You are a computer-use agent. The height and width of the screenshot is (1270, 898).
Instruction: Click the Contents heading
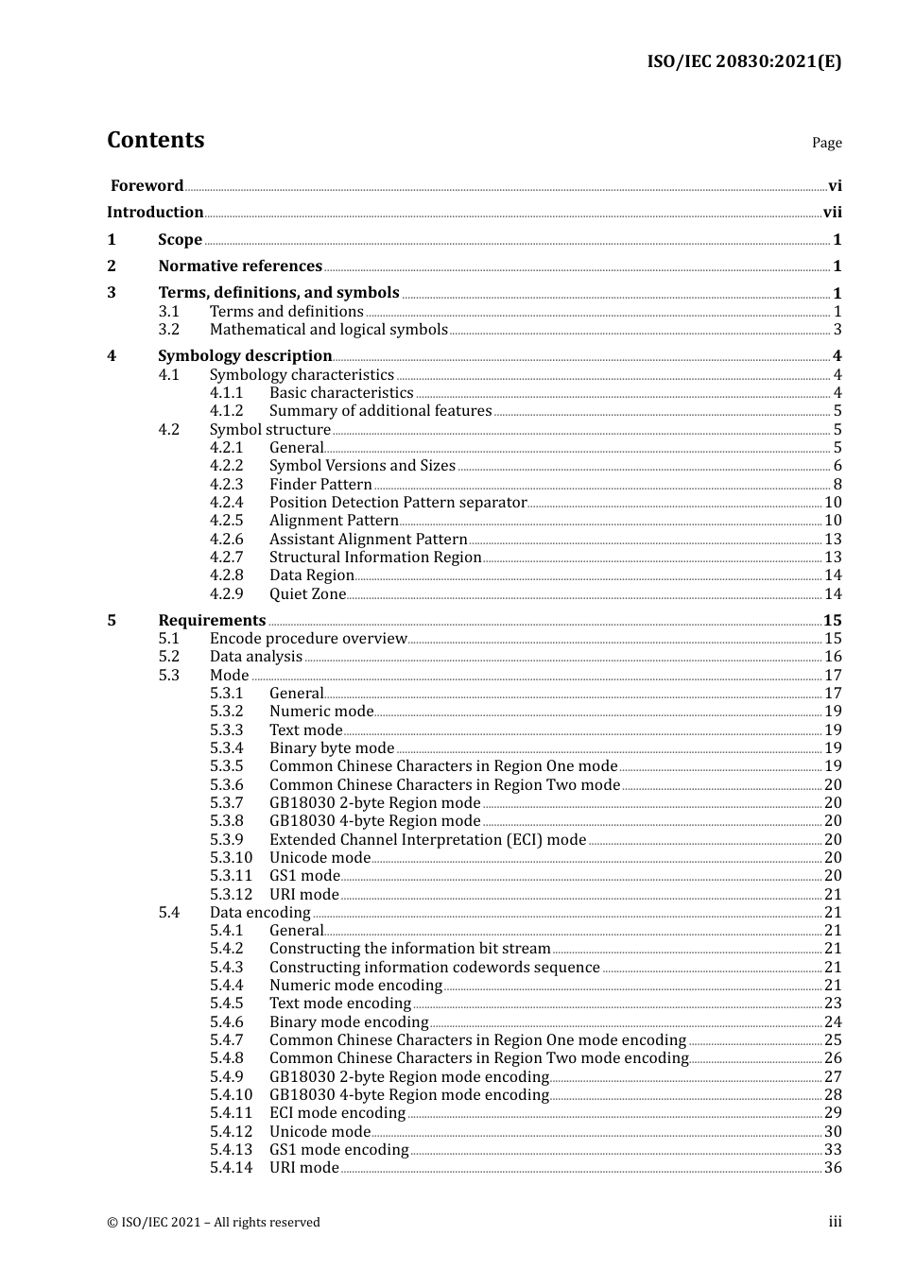tap(155, 140)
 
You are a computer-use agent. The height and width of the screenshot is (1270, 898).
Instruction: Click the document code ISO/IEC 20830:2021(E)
tap(744, 61)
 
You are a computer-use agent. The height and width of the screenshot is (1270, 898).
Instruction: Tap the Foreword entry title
tap(147, 186)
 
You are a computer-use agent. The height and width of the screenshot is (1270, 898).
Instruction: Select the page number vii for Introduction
tap(832, 213)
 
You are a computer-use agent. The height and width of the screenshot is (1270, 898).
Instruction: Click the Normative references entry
tap(240, 266)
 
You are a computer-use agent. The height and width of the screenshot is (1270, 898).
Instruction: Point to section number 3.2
tap(168, 330)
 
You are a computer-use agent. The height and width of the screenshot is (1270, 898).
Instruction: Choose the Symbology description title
tap(245, 356)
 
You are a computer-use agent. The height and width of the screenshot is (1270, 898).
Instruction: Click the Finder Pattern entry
tap(320, 485)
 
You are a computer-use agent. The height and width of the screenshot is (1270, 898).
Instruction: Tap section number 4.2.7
tap(226, 558)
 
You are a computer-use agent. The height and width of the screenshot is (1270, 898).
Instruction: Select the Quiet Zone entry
tap(307, 594)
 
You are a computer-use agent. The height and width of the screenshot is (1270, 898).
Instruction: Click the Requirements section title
tap(212, 621)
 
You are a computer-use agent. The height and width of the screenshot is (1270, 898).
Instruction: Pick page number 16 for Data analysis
tap(833, 657)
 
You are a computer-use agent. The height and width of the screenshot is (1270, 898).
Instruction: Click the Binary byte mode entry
tap(331, 748)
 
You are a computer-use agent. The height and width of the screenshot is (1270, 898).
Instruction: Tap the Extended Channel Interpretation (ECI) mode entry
tap(427, 840)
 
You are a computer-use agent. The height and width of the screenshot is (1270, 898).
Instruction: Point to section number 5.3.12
tap(231, 895)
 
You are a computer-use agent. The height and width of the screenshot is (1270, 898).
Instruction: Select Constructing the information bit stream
tap(409, 949)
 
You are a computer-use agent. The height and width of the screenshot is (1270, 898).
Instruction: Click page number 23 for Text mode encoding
tap(833, 1004)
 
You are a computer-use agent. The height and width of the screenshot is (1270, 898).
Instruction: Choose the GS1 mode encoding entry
tap(338, 1150)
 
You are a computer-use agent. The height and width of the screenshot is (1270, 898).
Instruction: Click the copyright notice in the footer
tap(214, 1223)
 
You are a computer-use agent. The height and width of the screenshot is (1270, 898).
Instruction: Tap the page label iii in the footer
tap(835, 1222)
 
